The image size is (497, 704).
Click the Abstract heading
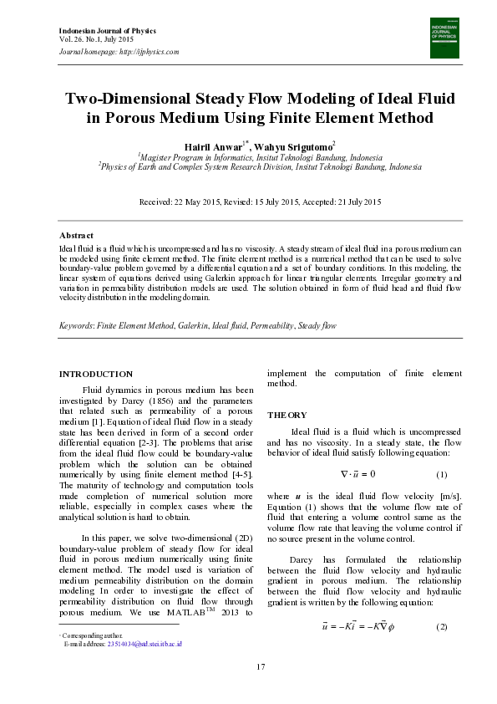point(76,236)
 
